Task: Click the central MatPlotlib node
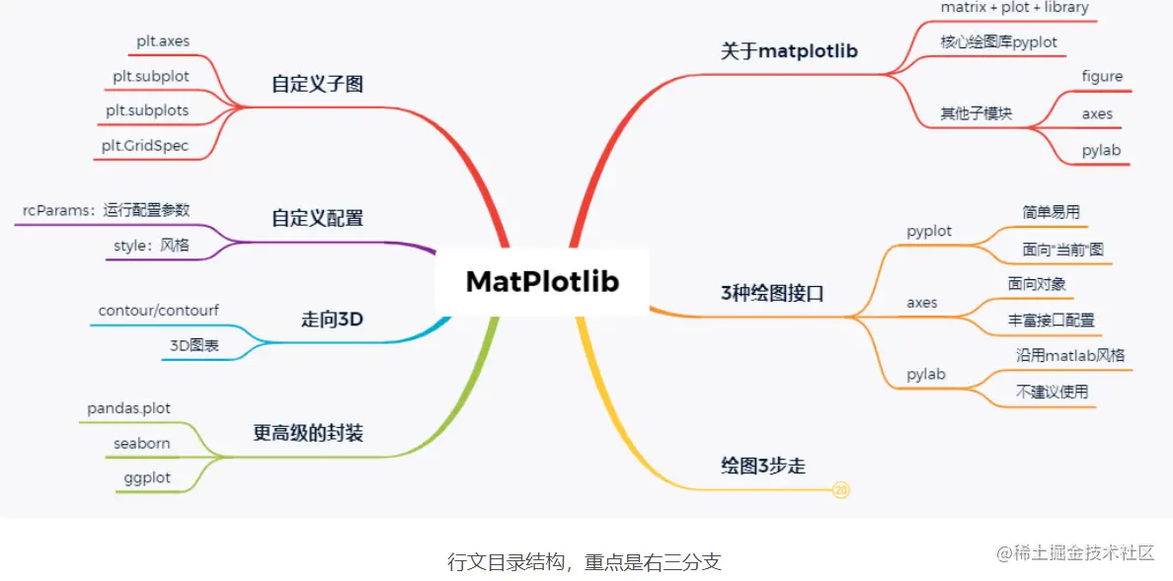(x=542, y=282)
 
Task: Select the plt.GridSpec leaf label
(x=144, y=146)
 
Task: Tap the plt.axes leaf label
(x=163, y=41)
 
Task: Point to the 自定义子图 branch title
(x=317, y=84)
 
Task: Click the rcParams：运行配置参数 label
(x=106, y=210)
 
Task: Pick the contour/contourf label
(x=159, y=310)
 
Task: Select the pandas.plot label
(x=128, y=407)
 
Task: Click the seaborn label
(x=141, y=443)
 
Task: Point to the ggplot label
(x=147, y=477)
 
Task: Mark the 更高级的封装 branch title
(x=308, y=432)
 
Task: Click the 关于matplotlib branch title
(x=789, y=51)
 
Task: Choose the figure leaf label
(x=1102, y=76)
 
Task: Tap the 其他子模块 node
(x=976, y=112)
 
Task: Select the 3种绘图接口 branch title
(x=772, y=293)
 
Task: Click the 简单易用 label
(x=1052, y=211)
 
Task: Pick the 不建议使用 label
(x=1052, y=392)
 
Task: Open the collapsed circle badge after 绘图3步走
(x=841, y=489)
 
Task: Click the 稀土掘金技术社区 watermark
(x=1075, y=553)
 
